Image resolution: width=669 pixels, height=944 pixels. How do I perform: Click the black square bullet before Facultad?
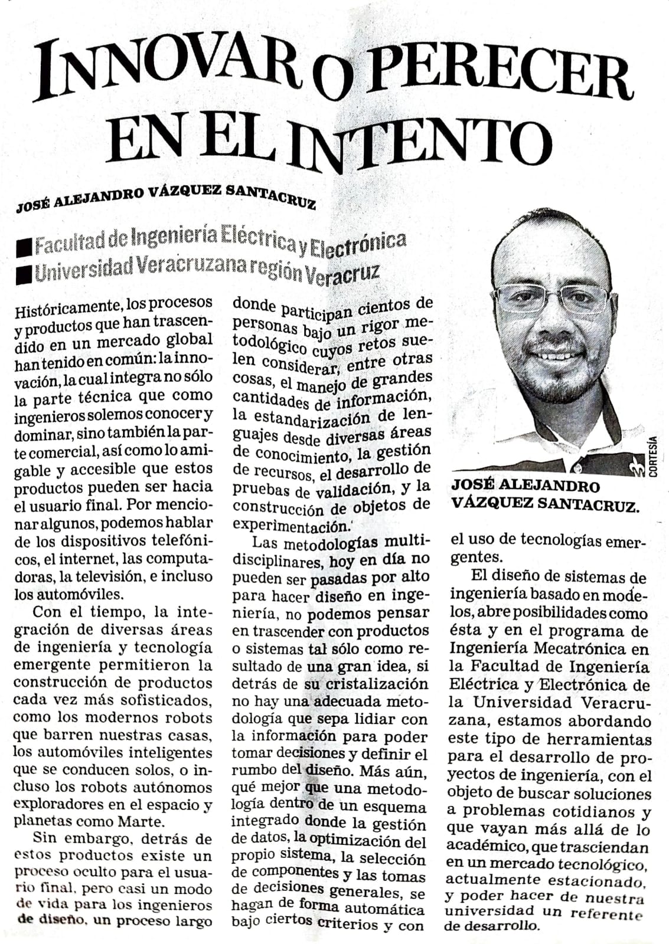25,245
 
